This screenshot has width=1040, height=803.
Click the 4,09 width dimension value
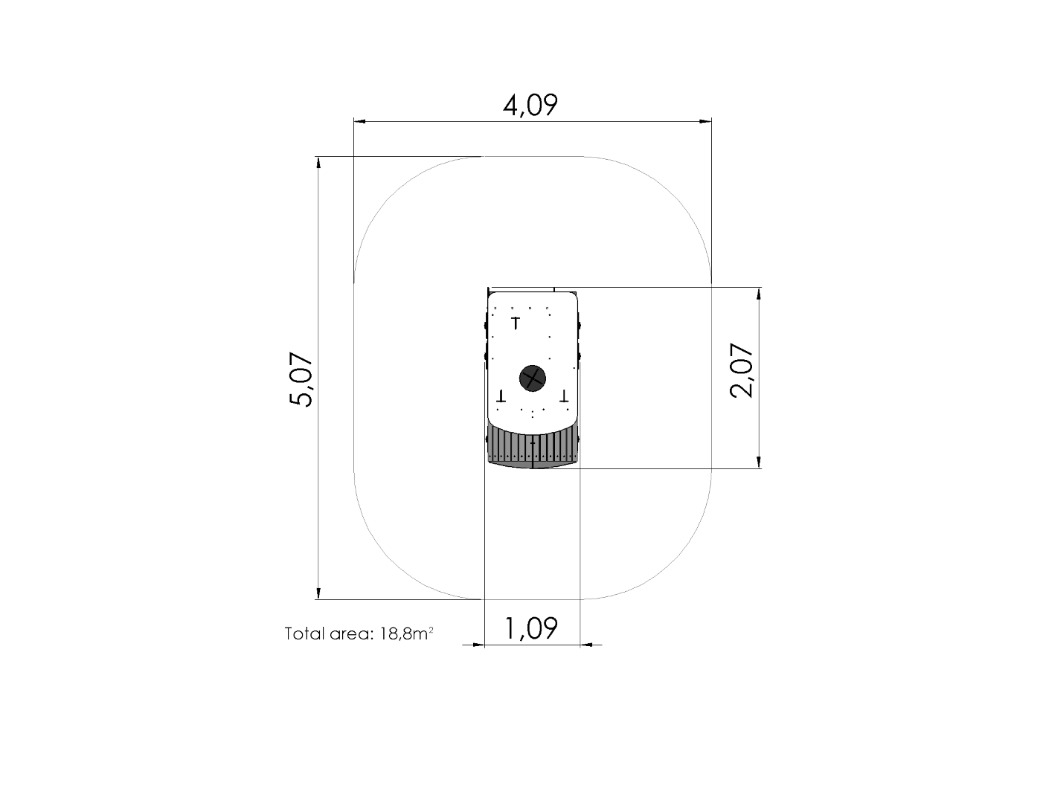(x=530, y=106)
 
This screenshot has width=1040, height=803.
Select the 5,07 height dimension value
(x=301, y=379)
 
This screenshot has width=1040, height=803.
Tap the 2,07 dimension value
(x=742, y=370)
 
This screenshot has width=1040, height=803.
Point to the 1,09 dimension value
(x=531, y=628)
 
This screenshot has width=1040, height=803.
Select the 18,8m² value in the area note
(x=407, y=633)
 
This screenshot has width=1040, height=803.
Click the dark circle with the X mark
(x=532, y=378)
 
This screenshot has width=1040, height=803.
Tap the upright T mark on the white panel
(x=516, y=323)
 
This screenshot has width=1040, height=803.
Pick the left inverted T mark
(x=501, y=396)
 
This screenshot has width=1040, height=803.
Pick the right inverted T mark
(x=565, y=396)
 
